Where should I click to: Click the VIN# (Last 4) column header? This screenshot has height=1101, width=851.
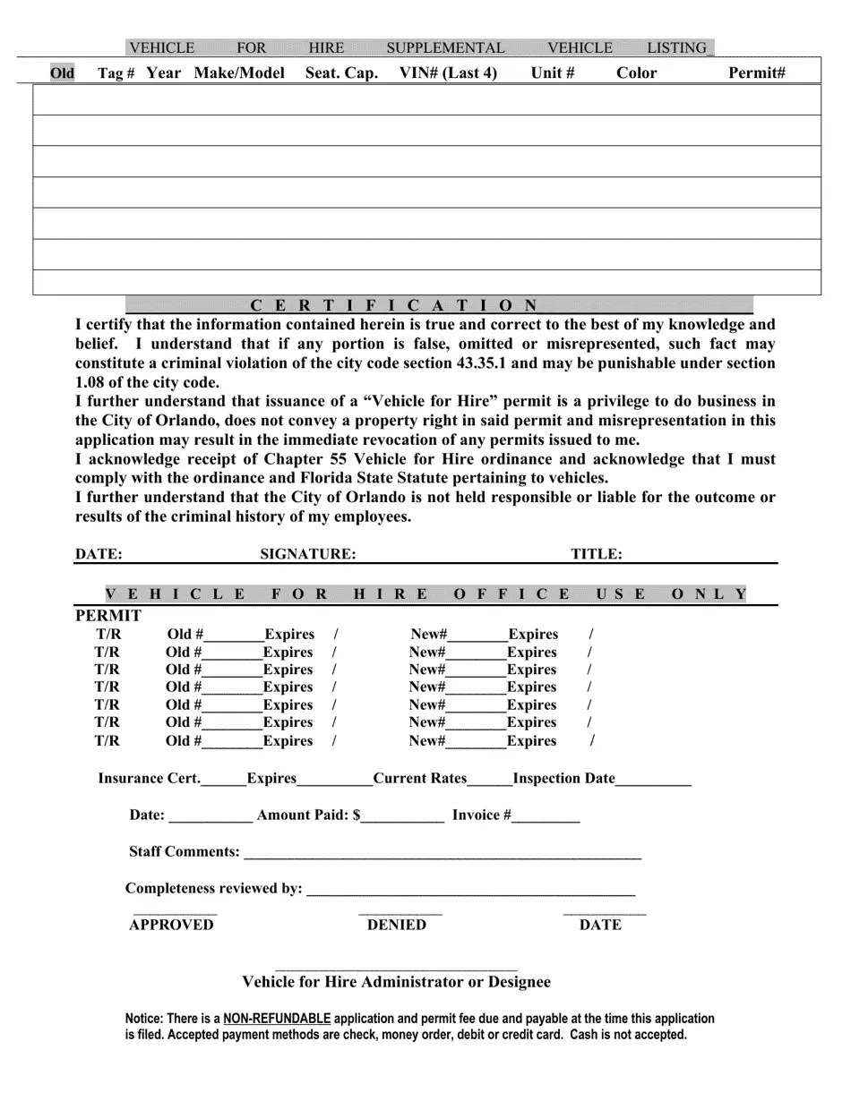(448, 73)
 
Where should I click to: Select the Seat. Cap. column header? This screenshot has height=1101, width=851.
(341, 73)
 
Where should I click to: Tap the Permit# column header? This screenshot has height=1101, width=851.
(757, 73)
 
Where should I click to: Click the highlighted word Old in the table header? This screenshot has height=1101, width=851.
(63, 73)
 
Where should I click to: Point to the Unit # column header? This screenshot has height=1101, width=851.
(553, 73)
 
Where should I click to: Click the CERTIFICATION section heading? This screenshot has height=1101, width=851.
(393, 305)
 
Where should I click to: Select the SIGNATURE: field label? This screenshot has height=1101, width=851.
(308, 554)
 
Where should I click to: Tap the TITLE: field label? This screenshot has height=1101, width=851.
(597, 554)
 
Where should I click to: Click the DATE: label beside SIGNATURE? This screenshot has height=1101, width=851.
(99, 554)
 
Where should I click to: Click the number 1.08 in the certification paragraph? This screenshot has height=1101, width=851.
(90, 382)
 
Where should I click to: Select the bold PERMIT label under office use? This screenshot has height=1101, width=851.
(108, 616)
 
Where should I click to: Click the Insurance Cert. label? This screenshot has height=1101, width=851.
(149, 779)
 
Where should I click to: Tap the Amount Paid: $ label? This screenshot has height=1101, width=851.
(308, 815)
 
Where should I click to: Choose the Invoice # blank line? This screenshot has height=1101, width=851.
(546, 818)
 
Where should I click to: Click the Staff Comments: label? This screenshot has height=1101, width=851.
(185, 852)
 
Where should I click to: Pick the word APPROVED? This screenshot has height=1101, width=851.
(171, 926)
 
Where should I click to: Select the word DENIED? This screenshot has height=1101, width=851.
(397, 926)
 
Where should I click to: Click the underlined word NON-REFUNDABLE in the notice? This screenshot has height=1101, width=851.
(277, 1019)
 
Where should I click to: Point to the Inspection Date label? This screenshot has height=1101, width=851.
(564, 779)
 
